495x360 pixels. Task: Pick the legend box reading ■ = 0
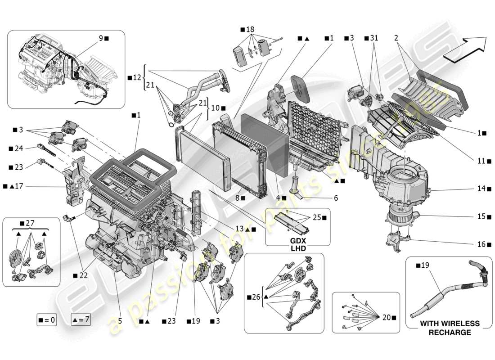pyautogui.click(x=47, y=320)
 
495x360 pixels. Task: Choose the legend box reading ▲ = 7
pyautogui.click(x=81, y=320)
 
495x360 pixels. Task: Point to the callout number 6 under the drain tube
pyautogui.click(x=335, y=198)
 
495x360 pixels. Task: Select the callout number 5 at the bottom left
pyautogui.click(x=120, y=321)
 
